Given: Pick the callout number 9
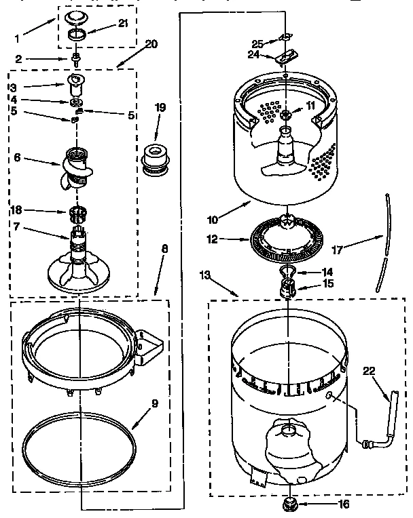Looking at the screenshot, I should pyautogui.click(x=154, y=403).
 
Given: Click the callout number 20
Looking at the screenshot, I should pyautogui.click(x=151, y=44).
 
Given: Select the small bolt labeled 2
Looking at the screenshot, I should pyautogui.click(x=77, y=60).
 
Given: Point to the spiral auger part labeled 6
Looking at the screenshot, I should pyautogui.click(x=75, y=169).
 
